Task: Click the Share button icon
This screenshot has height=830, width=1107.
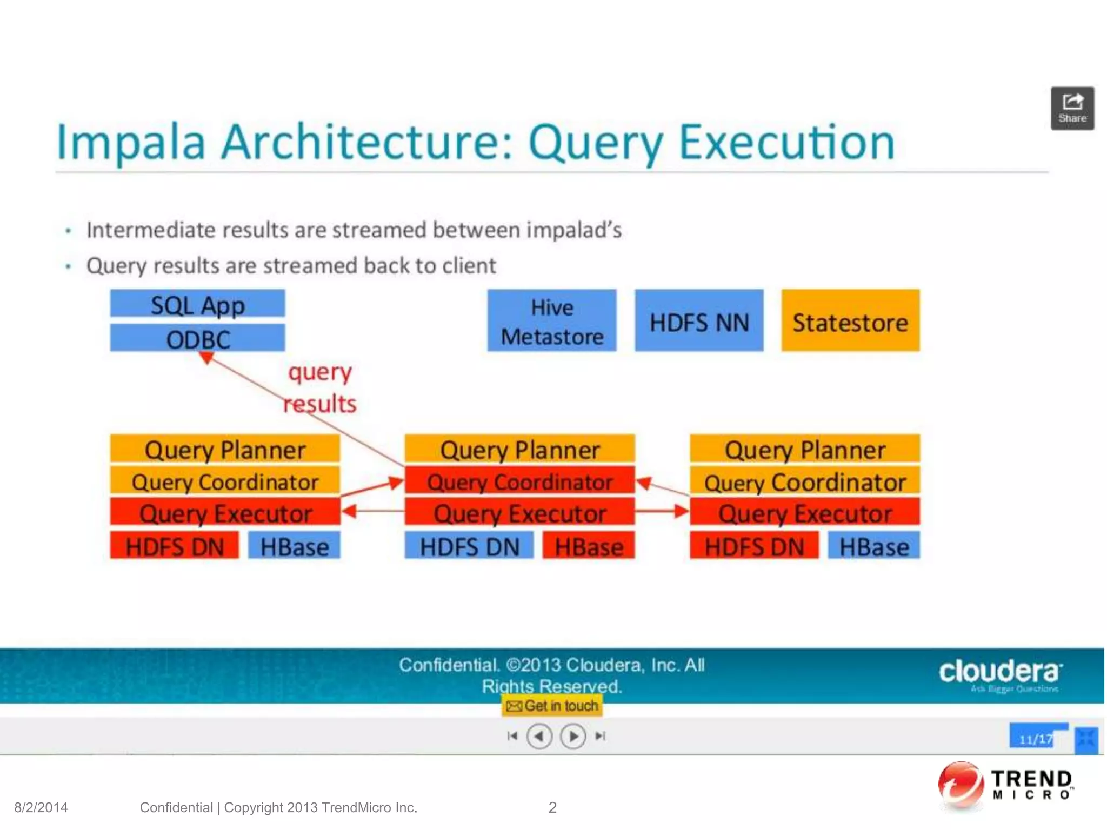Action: tap(1072, 108)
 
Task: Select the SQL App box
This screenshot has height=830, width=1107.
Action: tap(197, 304)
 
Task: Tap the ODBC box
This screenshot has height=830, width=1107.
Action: tap(197, 339)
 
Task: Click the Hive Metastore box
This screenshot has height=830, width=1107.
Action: tap(551, 321)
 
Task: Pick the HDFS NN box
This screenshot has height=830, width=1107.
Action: tap(698, 321)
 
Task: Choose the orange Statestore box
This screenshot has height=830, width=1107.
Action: tap(850, 321)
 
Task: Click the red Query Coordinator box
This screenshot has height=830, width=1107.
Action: tap(519, 481)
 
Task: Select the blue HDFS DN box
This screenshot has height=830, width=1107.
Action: tap(469, 546)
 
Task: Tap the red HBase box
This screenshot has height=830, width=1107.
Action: tap(589, 546)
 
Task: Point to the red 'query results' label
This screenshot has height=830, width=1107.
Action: tap(320, 387)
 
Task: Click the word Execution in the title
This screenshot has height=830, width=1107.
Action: tap(786, 142)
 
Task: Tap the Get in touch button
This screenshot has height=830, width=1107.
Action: tap(552, 706)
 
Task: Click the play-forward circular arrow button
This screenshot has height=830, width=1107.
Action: tap(573, 736)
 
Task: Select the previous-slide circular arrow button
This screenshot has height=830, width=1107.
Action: tap(539, 736)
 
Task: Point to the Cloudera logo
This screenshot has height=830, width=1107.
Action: tap(1000, 673)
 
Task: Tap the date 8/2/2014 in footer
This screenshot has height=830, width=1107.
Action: tap(41, 807)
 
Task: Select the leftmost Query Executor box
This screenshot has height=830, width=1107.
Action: tap(225, 512)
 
